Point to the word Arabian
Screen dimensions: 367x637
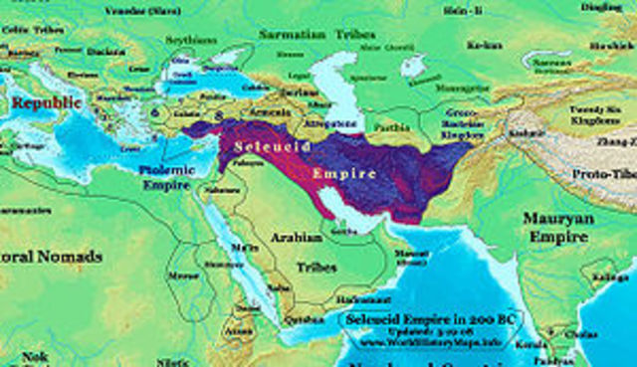click(x=297, y=238)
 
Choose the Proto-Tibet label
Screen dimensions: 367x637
click(x=603, y=174)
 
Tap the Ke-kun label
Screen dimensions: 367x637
click(x=483, y=45)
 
